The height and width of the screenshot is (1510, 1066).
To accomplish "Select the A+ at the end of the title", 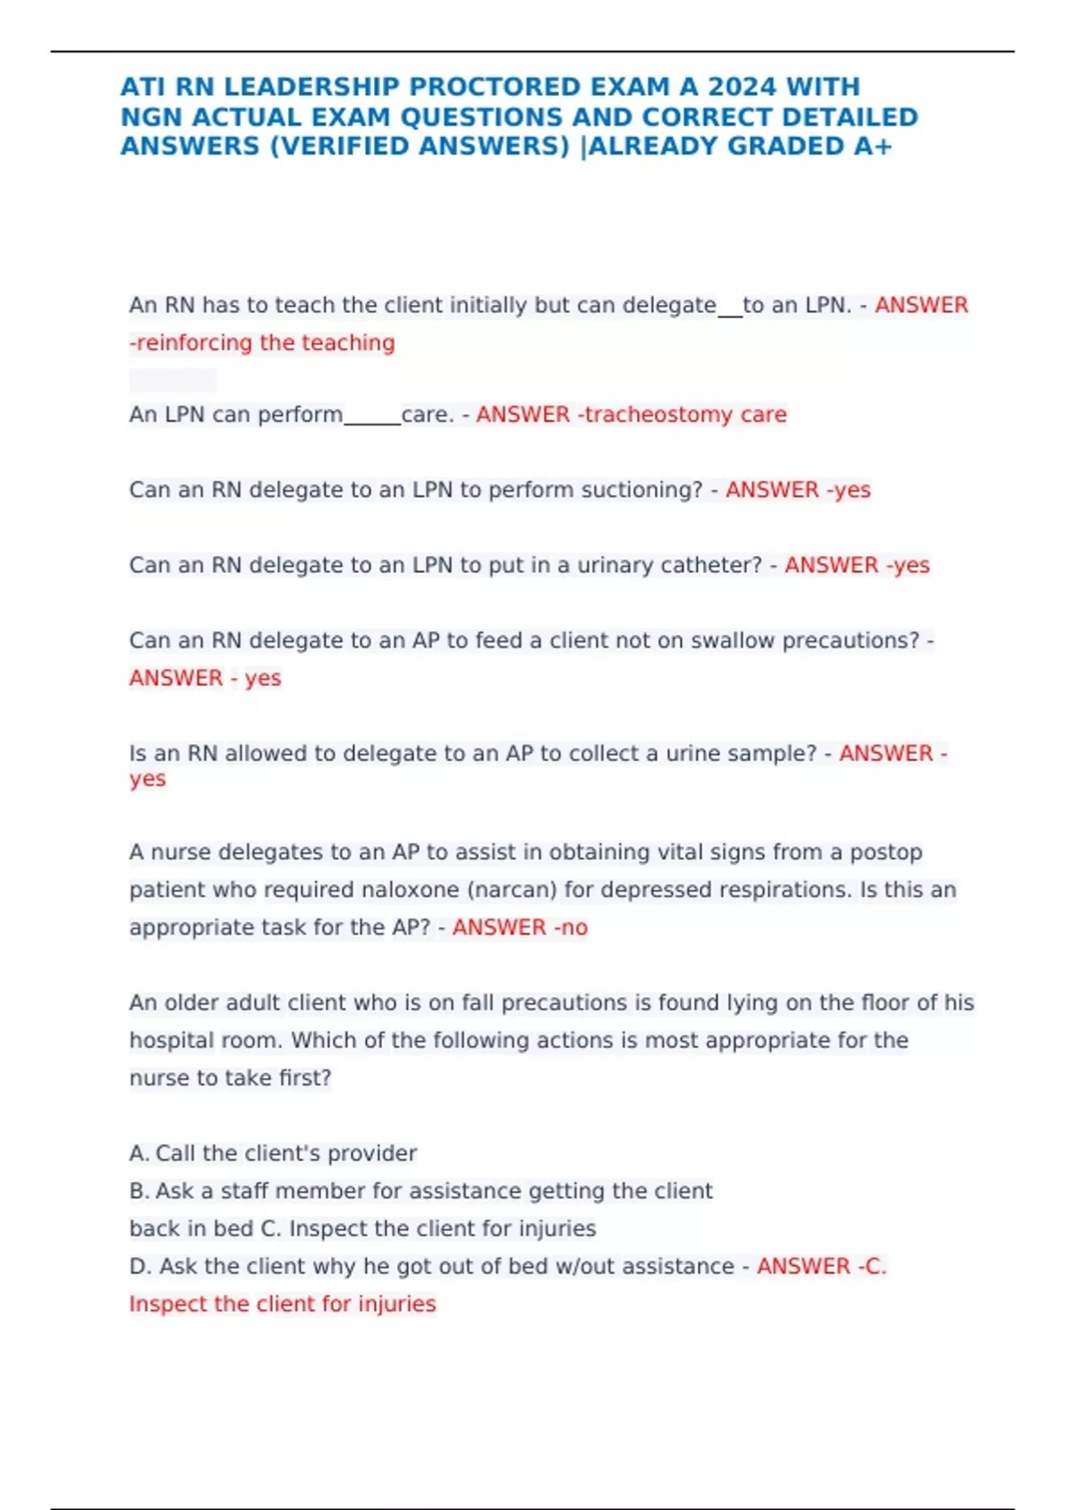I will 872,147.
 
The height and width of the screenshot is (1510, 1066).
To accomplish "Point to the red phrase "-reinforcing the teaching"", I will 262,343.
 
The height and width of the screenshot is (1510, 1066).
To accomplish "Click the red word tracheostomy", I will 656,415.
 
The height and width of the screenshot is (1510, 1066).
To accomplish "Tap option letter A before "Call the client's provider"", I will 138,1154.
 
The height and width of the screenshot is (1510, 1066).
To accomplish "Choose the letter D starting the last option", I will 138,1267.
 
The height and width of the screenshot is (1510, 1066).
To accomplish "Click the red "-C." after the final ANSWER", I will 871,1267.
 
